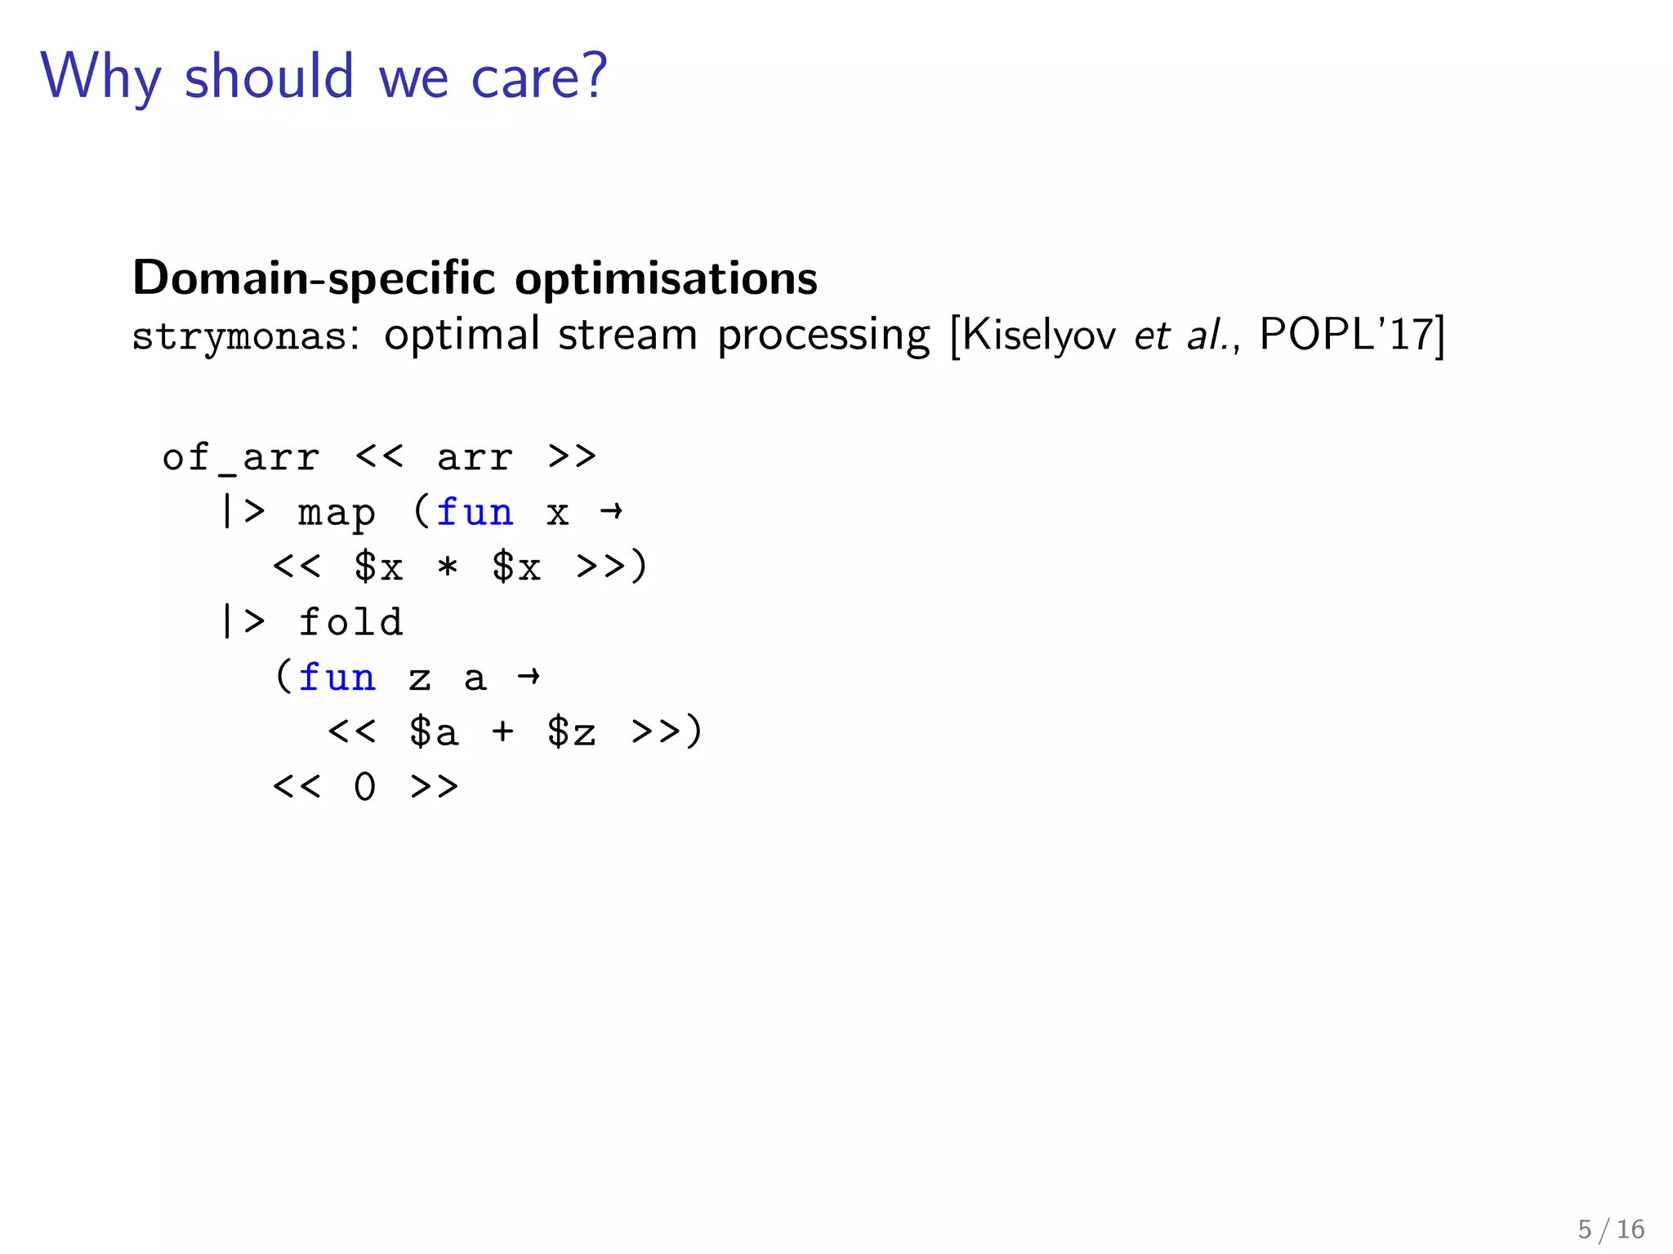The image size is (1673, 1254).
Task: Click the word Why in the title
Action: (x=101, y=77)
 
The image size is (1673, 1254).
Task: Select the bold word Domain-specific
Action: (x=314, y=278)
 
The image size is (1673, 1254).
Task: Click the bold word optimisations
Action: (x=666, y=278)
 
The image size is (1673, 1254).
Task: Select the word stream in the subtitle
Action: (x=627, y=335)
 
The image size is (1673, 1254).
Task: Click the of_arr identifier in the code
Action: (x=240, y=457)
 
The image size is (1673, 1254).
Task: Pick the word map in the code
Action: (x=337, y=514)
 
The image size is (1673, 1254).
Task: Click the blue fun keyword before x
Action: (x=475, y=513)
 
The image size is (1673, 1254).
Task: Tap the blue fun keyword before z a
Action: (x=337, y=678)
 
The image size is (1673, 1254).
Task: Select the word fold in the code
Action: (x=350, y=622)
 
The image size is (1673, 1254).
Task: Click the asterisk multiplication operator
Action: (x=448, y=567)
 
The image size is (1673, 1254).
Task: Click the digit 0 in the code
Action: (x=364, y=787)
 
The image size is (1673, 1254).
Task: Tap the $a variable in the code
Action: (x=433, y=731)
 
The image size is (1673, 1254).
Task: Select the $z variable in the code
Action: (x=571, y=731)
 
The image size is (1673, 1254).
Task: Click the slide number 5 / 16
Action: (x=1611, y=1229)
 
